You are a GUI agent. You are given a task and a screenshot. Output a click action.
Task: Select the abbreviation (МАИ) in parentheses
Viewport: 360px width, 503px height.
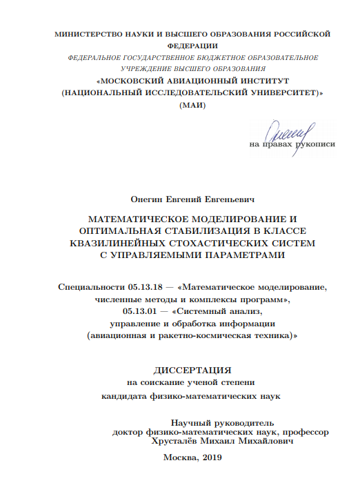coord(192,105)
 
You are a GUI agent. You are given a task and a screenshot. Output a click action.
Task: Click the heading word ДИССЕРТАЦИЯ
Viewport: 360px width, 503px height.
coord(192,368)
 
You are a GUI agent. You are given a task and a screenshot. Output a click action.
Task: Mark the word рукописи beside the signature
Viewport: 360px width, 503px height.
coord(317,145)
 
